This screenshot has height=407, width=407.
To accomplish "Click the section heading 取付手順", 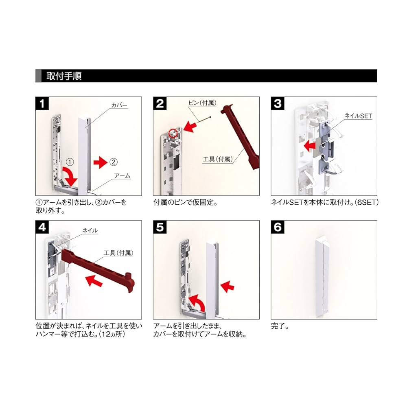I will (x=64, y=76).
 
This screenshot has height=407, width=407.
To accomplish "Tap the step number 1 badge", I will (x=42, y=103).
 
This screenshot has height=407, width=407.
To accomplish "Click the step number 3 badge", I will (x=278, y=103).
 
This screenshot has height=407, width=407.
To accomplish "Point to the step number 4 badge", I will (x=42, y=227).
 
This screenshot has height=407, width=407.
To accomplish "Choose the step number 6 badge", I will (x=278, y=227).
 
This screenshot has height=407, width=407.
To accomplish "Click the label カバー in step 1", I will (x=119, y=105).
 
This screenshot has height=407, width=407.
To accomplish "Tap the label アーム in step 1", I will (x=122, y=175).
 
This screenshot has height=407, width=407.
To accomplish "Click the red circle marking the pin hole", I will (x=174, y=132).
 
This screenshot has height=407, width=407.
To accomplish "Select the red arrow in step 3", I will (x=311, y=144).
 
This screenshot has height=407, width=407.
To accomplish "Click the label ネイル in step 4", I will (x=90, y=231).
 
